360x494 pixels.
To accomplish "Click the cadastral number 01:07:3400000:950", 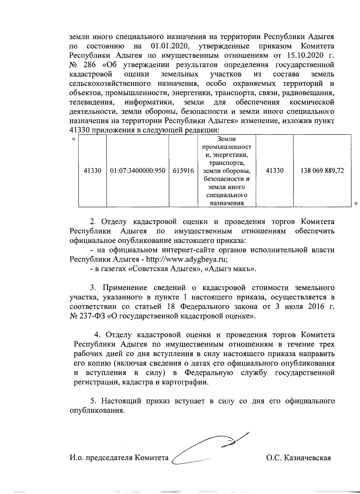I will (x=138, y=171).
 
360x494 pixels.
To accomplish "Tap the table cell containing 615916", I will (x=183, y=171).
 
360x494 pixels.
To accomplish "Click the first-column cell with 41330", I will (x=92, y=171).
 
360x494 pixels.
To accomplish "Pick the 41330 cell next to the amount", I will (x=274, y=171).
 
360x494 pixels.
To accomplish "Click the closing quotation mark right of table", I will (x=356, y=203).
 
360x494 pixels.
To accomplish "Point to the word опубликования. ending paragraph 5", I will (x=97, y=410).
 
